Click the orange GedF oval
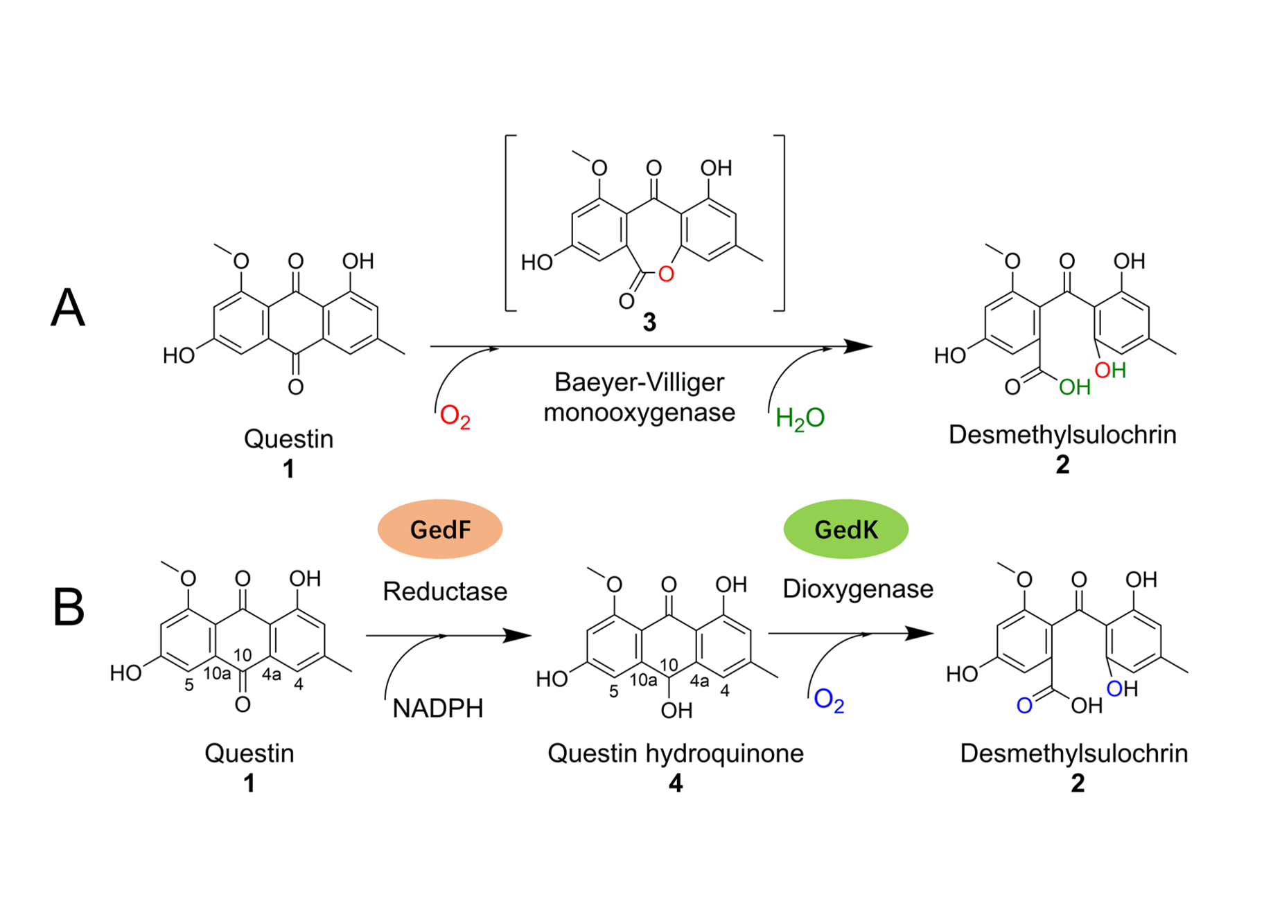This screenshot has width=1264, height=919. [439, 529]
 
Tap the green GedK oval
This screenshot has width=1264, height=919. [845, 529]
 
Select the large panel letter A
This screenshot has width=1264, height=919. [68, 307]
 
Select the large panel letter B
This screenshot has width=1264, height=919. [69, 607]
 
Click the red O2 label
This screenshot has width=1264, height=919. [455, 417]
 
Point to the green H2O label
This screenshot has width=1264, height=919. [800, 418]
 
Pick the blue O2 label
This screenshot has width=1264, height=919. [829, 700]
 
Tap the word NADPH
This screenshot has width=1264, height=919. [437, 708]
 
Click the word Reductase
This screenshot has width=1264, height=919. [445, 591]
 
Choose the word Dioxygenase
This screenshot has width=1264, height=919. [858, 589]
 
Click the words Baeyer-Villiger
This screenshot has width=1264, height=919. [639, 382]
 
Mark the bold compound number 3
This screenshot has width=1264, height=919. [649, 322]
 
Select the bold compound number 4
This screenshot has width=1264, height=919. [676, 783]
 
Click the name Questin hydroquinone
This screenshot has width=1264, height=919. [676, 753]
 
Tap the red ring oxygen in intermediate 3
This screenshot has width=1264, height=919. [666, 274]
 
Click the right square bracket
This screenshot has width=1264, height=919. [782, 223]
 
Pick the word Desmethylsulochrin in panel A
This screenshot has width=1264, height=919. [1062, 435]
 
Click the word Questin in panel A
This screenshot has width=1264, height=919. [288, 439]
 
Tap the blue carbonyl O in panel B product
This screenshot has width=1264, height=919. [1024, 706]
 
